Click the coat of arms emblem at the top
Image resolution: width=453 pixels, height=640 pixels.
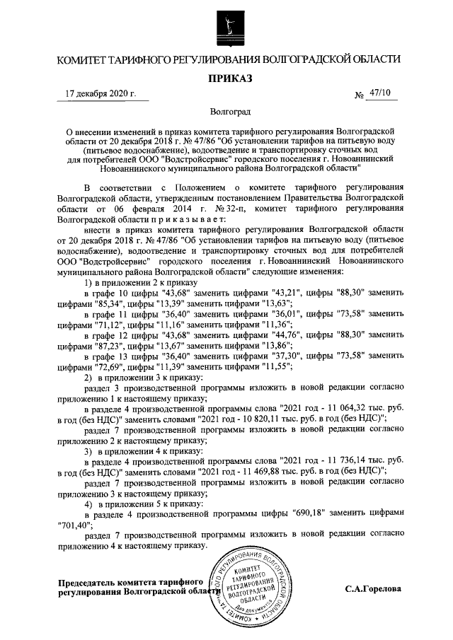coord(226,28)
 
